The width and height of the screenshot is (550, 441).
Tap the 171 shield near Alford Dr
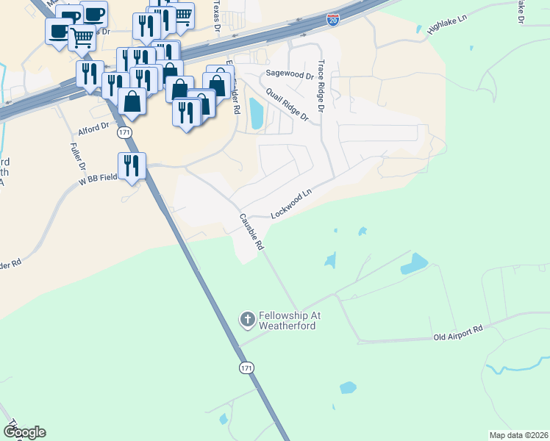click(125, 132)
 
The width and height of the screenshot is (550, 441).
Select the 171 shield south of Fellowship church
click(246, 365)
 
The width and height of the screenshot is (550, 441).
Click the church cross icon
click(248, 319)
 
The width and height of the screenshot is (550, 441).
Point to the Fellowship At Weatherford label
click(287, 320)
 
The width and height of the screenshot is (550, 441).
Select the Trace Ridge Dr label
click(321, 84)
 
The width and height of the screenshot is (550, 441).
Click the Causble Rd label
click(250, 233)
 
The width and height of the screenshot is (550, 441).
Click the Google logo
click(24, 432)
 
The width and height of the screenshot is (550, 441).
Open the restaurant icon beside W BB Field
click(132, 165)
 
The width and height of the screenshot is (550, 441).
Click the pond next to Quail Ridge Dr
click(256, 113)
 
